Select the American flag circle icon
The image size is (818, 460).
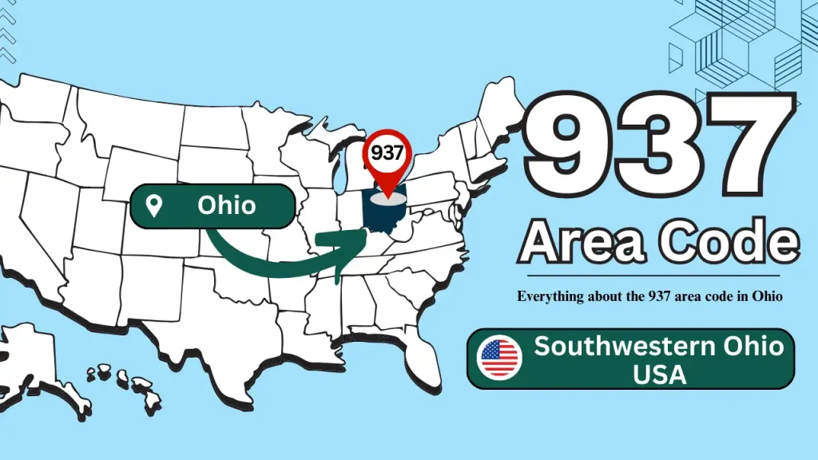click(x=500, y=359)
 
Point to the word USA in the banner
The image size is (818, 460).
click(x=660, y=374)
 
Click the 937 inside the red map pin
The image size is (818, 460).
click(x=387, y=153)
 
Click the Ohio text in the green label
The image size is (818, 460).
click(x=227, y=205)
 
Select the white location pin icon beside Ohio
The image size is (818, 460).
click(x=155, y=206)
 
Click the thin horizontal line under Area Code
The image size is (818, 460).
click(x=655, y=276)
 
